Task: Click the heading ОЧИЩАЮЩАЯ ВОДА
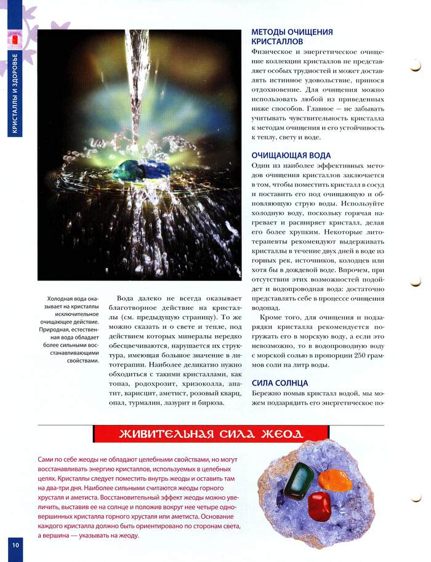point(291,156)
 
